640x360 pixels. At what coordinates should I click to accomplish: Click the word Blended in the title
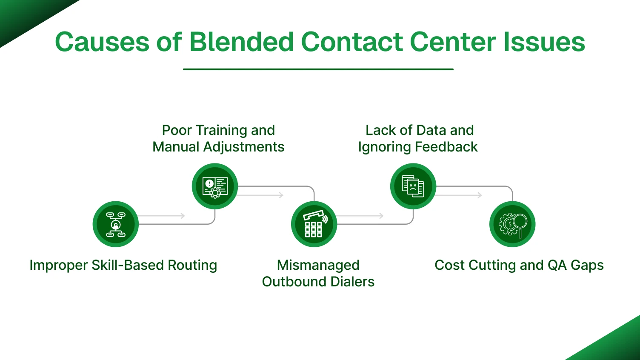241,42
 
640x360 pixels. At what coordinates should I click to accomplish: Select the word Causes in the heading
102,42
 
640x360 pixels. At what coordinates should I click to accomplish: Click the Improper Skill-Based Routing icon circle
115,224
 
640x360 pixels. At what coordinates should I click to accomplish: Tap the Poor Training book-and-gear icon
214,186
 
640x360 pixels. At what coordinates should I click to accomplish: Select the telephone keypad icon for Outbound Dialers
314,224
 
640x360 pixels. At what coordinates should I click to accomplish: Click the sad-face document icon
413,186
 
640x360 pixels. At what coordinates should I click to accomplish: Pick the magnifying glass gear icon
512,224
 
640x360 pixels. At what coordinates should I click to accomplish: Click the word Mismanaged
318,265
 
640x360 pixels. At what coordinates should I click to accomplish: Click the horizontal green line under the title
318,69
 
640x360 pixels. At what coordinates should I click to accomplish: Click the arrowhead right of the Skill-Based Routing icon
183,216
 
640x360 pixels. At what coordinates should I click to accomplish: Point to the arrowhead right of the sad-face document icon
480,195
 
